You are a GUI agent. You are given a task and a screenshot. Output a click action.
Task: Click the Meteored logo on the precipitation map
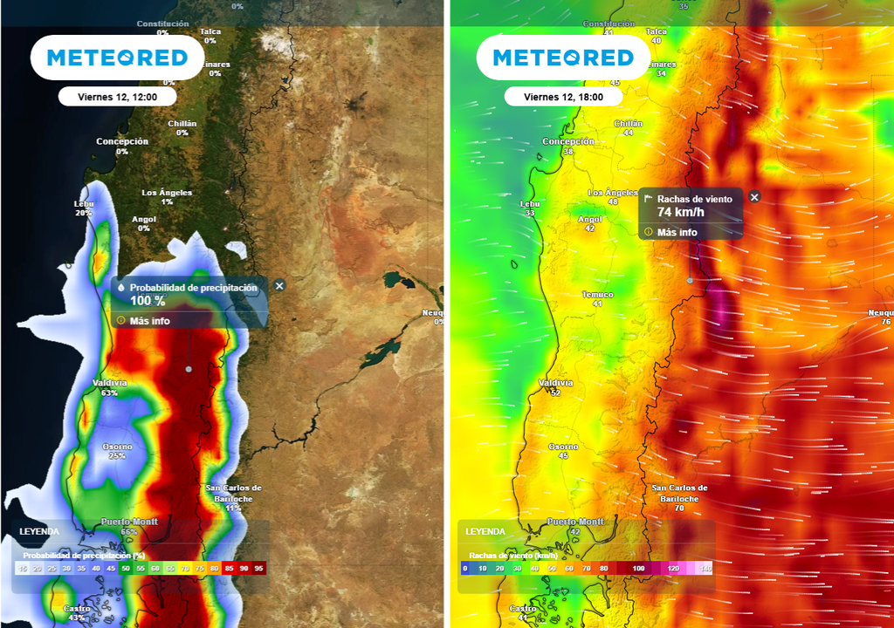click(117, 58)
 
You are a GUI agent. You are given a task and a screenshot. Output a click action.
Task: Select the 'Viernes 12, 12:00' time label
click(118, 97)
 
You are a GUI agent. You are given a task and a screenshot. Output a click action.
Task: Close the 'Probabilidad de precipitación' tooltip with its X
click(279, 285)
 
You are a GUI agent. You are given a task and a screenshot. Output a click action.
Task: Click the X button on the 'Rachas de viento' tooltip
click(754, 197)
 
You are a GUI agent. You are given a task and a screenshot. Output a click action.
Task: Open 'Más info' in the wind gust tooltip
click(677, 232)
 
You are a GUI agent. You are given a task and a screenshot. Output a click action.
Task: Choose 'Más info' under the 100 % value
click(149, 320)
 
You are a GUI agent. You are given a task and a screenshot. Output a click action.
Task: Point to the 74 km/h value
click(681, 212)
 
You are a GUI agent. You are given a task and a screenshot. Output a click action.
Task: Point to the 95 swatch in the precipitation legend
click(258, 569)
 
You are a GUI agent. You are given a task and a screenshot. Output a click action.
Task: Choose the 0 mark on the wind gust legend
click(465, 569)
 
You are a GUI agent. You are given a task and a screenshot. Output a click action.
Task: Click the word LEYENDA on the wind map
click(485, 531)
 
